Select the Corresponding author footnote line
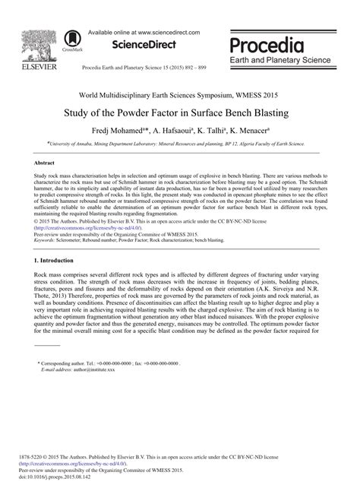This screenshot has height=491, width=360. pyautogui.click(x=111, y=364)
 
